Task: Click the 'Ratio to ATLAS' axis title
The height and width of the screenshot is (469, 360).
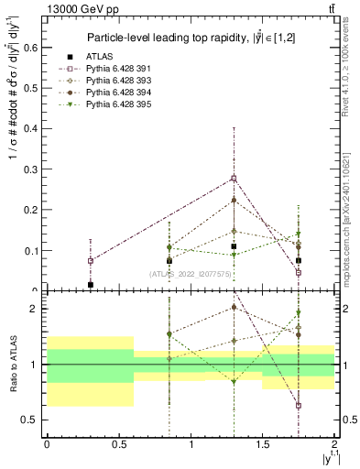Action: (13, 364)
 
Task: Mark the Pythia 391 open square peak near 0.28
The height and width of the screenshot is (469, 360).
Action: (235, 178)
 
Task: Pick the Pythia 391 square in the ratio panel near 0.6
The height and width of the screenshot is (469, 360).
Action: (299, 405)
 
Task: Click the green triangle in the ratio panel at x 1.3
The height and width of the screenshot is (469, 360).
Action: (235, 381)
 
